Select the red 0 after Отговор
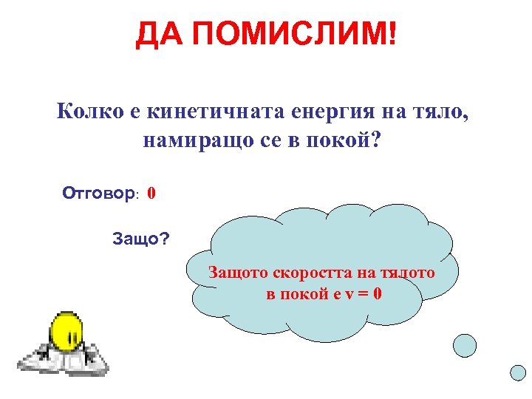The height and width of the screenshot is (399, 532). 151,194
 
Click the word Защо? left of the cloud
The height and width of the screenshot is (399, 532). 140,239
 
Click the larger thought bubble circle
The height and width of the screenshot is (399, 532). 464,344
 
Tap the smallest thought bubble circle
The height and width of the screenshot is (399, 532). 518,373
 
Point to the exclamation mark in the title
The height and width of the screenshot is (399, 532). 392,34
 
